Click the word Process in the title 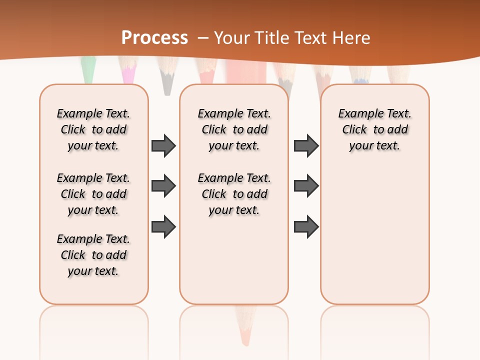point(154,38)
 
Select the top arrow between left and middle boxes point(163,145)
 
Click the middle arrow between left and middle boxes point(163,186)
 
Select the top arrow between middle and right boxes point(306,145)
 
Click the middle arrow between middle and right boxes point(306,186)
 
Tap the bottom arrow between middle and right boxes point(306,226)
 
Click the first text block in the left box point(93,129)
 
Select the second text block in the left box point(93,194)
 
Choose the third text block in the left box point(93,255)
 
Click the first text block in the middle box point(234,129)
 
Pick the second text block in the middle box point(234,194)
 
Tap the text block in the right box point(374,129)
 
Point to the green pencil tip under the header point(88,70)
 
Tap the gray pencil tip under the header point(167,82)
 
